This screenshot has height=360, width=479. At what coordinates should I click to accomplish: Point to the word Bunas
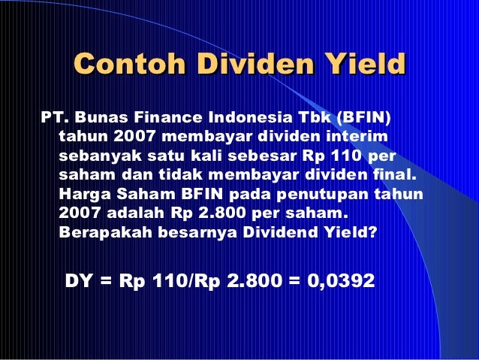101,119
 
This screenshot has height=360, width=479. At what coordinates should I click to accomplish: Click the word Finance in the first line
167,119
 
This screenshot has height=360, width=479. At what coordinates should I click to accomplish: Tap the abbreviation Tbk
315,119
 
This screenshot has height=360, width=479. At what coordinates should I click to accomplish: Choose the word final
396,175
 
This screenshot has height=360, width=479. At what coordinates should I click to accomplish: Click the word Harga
80,194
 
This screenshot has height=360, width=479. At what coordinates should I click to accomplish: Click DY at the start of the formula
80,281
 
